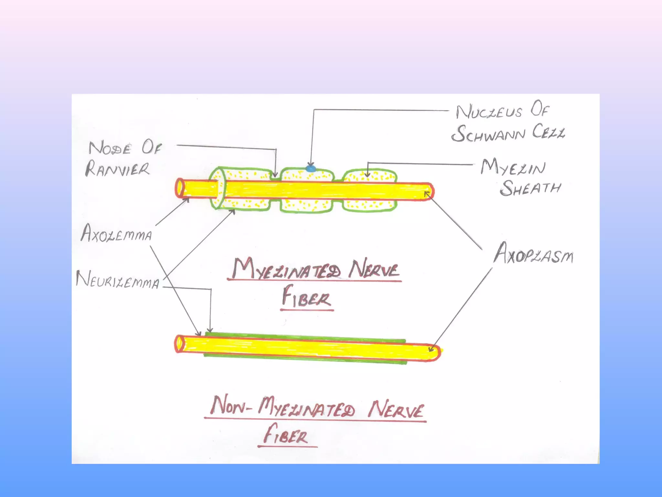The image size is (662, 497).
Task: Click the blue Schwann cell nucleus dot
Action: [x=311, y=168]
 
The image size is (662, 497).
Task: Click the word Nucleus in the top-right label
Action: [x=489, y=112]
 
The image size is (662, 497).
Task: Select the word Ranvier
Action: [x=118, y=169]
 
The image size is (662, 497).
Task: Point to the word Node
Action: [x=110, y=148]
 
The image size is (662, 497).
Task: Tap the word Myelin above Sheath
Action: [x=513, y=168]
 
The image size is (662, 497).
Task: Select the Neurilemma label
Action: [x=118, y=280]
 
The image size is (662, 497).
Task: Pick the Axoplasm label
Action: [x=533, y=255]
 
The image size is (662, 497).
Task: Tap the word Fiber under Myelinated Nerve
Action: [x=306, y=297]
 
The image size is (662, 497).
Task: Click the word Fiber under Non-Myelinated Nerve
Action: [x=286, y=435]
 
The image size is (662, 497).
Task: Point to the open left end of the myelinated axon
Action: [x=180, y=188]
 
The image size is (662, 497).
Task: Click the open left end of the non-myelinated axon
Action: [x=179, y=344]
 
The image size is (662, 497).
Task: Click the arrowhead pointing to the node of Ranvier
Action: [x=275, y=175]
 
